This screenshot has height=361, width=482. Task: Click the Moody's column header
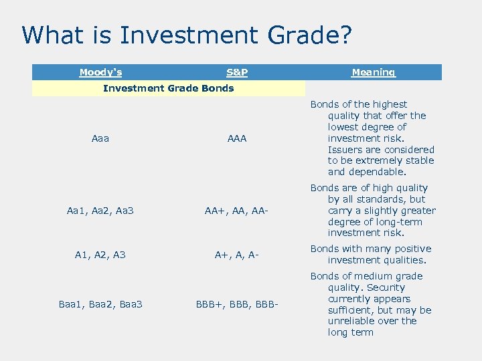pos(100,72)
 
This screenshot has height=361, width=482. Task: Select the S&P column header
pos(237,72)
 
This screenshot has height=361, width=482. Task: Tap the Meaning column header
pos(374,72)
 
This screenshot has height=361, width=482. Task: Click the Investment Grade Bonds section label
pos(168,88)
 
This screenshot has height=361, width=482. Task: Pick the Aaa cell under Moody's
pos(100,138)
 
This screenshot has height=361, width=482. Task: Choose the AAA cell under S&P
pos(237,138)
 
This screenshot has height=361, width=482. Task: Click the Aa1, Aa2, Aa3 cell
pos(100,211)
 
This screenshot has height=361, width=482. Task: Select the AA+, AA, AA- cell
pos(237,211)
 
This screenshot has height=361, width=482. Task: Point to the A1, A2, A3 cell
pos(100,255)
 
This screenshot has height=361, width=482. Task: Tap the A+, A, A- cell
pos(237,255)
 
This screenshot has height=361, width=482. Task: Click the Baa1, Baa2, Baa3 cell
pos(100,305)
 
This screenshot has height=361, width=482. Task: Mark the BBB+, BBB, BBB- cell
pos(237,305)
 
